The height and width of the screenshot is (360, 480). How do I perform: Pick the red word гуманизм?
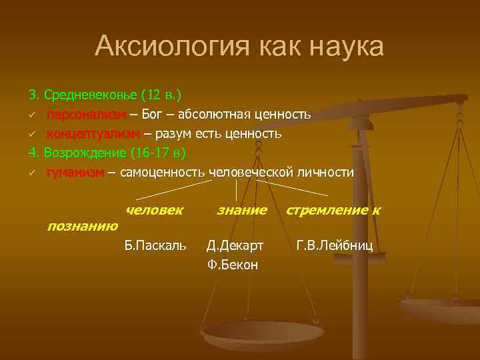coord(75,173)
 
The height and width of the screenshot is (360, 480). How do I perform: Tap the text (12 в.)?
coord(162,95)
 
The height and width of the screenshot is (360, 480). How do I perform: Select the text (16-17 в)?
coord(159,153)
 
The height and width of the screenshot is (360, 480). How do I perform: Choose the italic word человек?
coord(154,210)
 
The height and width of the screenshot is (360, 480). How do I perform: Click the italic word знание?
coord(242,210)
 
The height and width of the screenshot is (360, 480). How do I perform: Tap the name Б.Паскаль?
coord(156,246)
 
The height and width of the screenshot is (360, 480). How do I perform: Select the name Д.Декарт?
coord(235,246)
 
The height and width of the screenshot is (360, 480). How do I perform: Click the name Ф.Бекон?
coord(233,265)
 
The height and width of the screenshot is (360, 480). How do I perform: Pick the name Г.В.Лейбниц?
coord(335,246)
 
